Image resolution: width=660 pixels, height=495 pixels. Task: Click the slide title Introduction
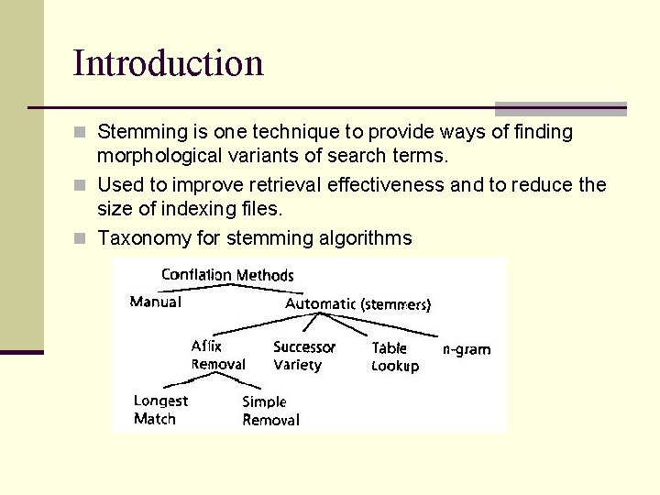(168, 63)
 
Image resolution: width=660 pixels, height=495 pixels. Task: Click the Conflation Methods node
(227, 275)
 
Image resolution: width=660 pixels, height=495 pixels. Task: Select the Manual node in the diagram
(156, 302)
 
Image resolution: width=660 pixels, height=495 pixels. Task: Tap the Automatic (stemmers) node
(357, 303)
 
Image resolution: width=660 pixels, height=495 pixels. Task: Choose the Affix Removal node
(217, 356)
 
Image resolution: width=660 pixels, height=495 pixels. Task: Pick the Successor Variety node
(303, 356)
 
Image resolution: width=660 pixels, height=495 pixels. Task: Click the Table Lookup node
(395, 357)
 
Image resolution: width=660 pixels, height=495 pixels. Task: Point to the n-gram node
(467, 349)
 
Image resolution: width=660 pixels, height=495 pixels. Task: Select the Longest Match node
(160, 410)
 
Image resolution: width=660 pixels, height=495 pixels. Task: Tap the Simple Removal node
(270, 411)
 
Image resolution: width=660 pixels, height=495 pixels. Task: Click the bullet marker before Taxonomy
(81, 239)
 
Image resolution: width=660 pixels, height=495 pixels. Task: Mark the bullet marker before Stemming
(81, 133)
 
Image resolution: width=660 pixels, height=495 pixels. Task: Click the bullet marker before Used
(81, 186)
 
